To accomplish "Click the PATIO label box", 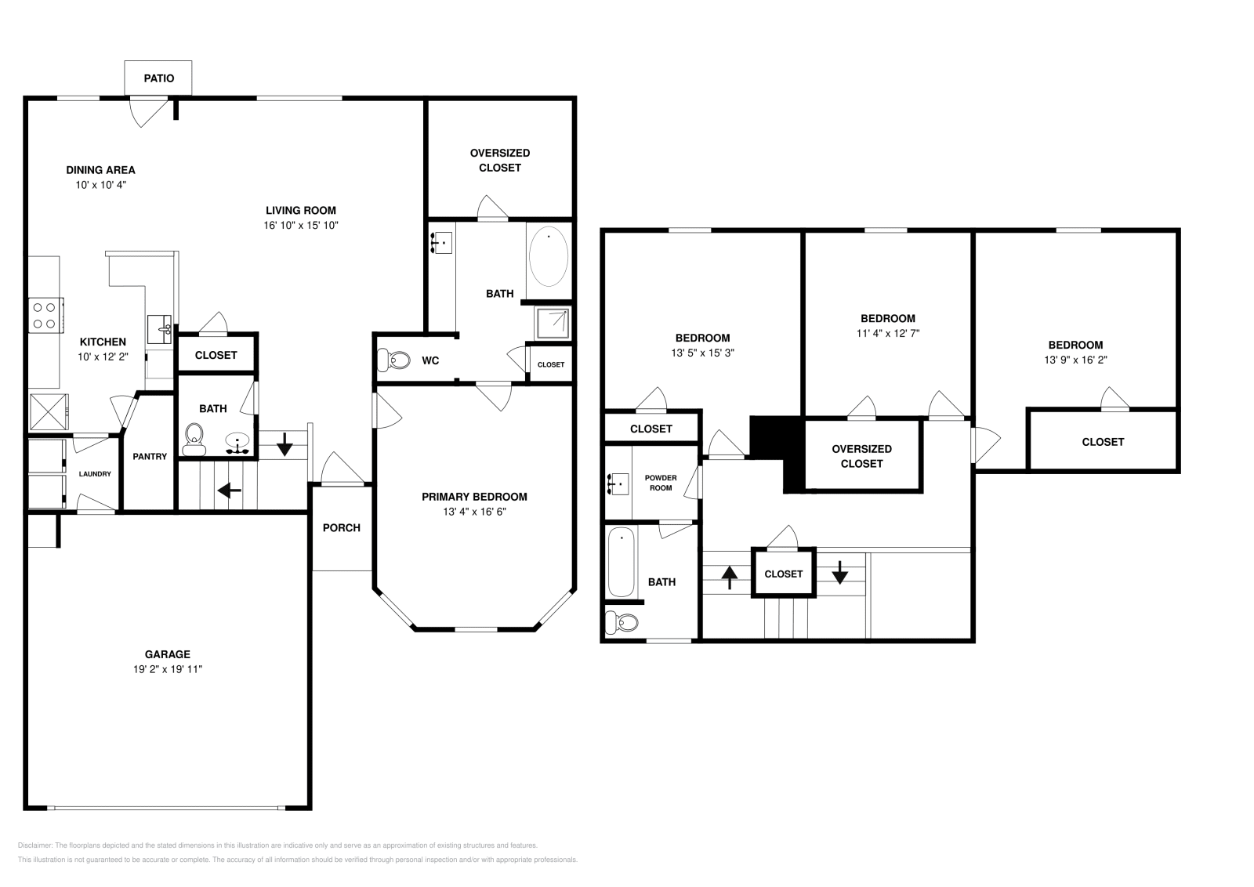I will click(158, 78).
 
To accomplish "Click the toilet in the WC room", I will click(394, 360).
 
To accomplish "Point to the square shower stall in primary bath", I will click(553, 322).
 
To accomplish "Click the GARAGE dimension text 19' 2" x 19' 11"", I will click(167, 669).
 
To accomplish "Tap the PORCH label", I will click(342, 527).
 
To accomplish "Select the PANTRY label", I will click(150, 456).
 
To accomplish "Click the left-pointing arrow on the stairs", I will click(229, 491).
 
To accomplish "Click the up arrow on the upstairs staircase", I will click(729, 577).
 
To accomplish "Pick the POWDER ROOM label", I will click(660, 483).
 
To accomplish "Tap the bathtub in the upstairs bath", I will click(622, 562).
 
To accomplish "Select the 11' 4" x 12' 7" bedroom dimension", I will click(888, 333).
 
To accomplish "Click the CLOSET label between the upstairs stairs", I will click(784, 574).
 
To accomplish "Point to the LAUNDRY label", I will click(95, 474).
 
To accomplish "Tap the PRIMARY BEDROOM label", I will click(474, 497).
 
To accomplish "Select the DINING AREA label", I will click(100, 169).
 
